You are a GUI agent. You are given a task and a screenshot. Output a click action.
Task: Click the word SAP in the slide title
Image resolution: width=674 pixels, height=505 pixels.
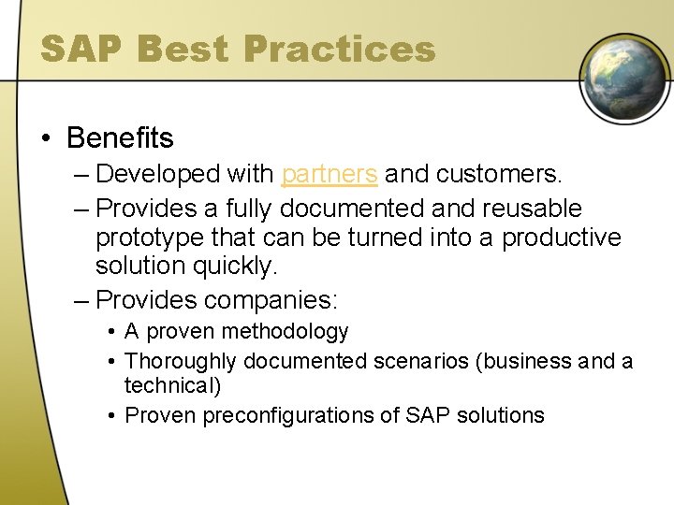(81, 49)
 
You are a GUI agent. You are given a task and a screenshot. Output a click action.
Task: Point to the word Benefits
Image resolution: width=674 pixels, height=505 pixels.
(120, 138)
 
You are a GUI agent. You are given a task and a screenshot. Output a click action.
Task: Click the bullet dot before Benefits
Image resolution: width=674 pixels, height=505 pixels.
(46, 139)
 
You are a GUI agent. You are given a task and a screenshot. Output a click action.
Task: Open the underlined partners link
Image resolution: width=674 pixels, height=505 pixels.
(330, 174)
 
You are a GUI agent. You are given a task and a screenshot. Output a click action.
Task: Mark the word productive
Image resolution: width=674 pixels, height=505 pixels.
(562, 238)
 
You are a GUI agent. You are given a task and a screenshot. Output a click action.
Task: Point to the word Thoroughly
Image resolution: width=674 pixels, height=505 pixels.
(181, 361)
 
